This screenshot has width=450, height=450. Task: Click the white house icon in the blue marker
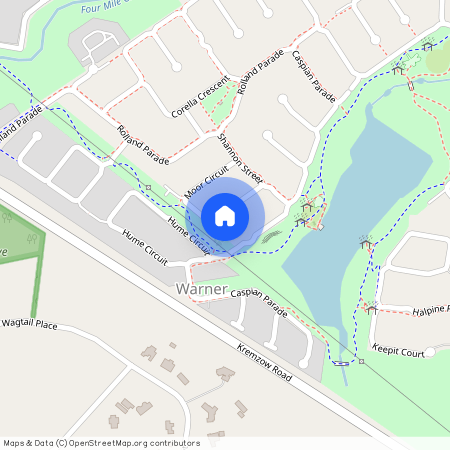[225, 216]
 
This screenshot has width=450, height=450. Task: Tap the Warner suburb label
[201, 288]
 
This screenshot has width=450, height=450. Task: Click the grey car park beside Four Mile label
[98, 45]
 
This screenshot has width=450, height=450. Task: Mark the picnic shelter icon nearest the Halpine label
[371, 308]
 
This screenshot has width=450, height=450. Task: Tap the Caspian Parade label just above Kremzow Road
[258, 305]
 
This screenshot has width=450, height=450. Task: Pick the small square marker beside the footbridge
[362, 361]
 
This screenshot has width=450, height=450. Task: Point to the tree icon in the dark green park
[33, 240]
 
